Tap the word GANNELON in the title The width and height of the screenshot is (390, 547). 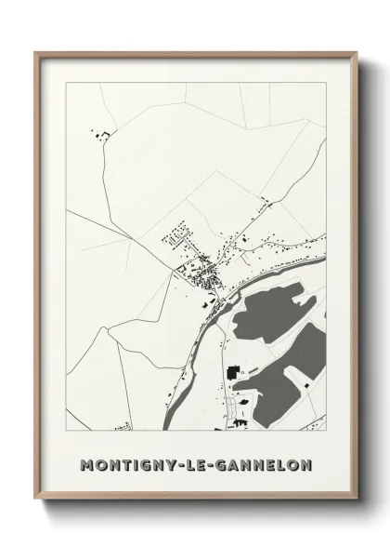tap(264, 463)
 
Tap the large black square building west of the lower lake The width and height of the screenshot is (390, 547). tap(231, 373)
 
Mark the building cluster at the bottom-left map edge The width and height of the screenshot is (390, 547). tap(122, 427)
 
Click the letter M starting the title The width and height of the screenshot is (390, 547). tap(88, 463)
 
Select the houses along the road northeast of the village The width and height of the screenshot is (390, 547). tap(269, 236)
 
